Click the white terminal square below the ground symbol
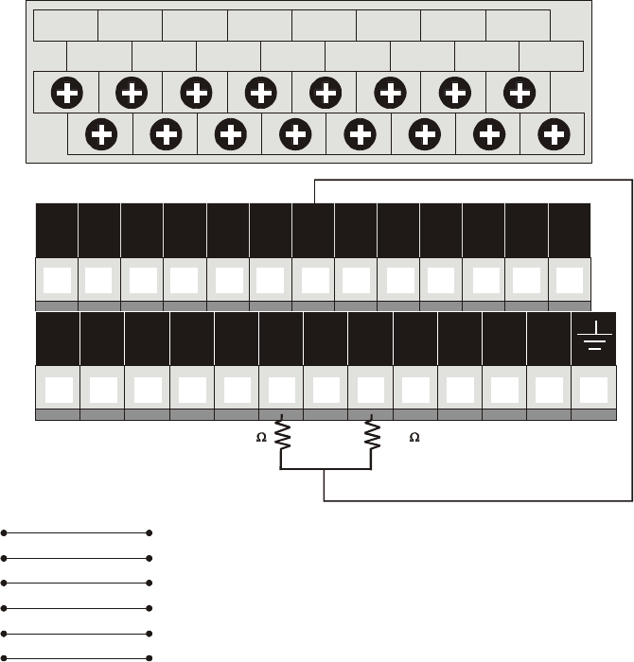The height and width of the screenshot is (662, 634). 593,389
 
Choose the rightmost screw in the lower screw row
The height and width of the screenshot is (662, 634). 554,133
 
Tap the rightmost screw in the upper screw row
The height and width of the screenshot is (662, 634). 519,94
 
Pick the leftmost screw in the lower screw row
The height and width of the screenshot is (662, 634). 101,133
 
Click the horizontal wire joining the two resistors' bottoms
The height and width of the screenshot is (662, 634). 326,468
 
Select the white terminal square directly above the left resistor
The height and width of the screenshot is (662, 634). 280,389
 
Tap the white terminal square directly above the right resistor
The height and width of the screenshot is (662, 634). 370,389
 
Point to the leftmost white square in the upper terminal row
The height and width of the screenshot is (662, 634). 57,280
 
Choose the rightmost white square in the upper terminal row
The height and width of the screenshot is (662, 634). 570,280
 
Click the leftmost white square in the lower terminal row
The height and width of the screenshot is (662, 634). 57,389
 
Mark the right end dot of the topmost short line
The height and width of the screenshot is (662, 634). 150,532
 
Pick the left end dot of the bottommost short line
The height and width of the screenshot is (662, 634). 5,656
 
